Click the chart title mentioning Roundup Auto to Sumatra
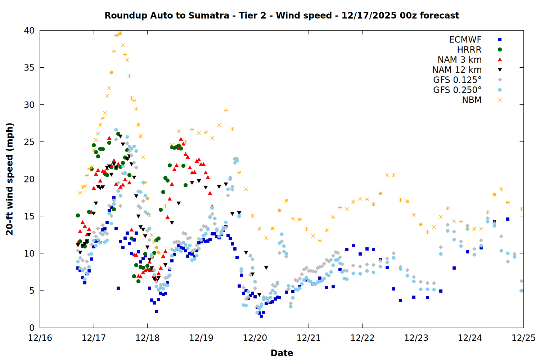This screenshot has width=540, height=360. tap(282, 15)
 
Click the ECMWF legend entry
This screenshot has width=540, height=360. tap(465, 40)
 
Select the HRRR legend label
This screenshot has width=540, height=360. tap(469, 50)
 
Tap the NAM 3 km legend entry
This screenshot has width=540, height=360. tap(459, 60)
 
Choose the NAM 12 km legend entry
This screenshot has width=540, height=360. tap(457, 70)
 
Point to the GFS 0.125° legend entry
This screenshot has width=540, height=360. tap(457, 80)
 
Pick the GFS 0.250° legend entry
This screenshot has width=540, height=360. tap(457, 90)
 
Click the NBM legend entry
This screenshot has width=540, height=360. tap(472, 100)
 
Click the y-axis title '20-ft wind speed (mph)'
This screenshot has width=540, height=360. tap(10, 179)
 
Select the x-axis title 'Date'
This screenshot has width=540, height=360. tap(282, 353)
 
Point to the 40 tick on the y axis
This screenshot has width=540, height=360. tap(29, 31)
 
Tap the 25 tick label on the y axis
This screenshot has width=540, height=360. tap(29, 142)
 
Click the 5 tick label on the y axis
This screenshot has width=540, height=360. tap(32, 291)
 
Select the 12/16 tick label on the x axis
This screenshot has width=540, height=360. tap(40, 338)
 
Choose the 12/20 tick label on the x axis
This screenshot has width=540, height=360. tap(255, 338)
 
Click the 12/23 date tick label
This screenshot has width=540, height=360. tap(416, 338)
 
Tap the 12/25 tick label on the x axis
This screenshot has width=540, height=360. tap(523, 338)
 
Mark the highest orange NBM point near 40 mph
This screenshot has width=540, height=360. tap(120, 33)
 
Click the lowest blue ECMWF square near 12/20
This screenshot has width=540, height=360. tap(261, 316)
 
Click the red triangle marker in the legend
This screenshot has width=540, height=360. tap(500, 60)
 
